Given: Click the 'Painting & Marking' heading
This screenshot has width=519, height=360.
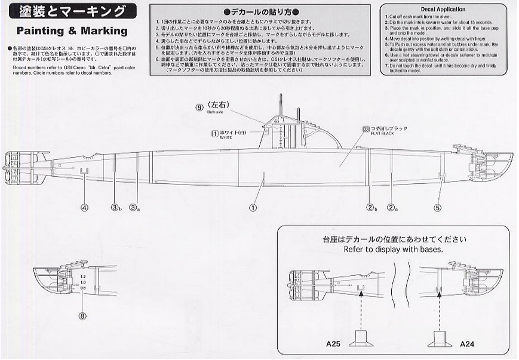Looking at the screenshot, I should point(72,30).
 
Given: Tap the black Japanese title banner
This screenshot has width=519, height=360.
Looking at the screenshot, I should point(72,11).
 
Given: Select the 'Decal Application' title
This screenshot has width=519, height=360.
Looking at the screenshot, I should point(443,10).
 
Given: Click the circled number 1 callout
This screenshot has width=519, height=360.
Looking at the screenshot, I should point(253,208).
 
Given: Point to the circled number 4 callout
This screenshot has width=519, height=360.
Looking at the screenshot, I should point(85,208).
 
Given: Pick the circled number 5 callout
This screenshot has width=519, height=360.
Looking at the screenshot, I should point(438,208).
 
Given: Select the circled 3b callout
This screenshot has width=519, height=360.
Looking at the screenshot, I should point(116,208).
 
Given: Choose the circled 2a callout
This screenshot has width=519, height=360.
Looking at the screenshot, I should point(392,208).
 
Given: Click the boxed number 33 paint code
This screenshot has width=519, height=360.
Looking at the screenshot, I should point(365,128).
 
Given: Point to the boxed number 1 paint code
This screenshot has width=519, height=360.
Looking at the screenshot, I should point(214,133).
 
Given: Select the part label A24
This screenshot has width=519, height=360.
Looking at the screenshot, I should point(468,343).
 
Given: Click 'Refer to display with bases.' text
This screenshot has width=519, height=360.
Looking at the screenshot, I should point(393,249).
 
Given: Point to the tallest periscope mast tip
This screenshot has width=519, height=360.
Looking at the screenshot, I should point(281,96).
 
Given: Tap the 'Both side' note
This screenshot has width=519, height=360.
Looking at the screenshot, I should point(216,112).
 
